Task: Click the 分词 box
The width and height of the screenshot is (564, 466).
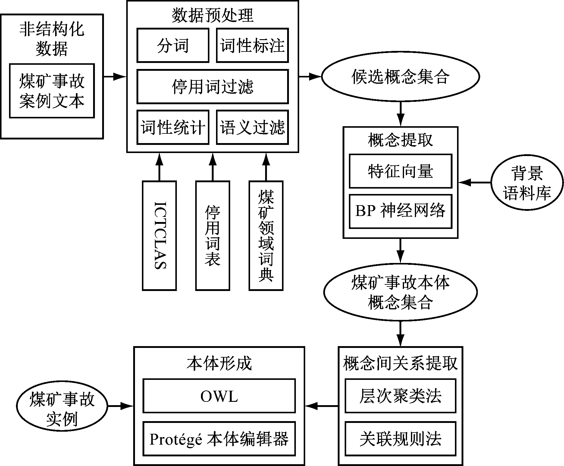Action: point(173,45)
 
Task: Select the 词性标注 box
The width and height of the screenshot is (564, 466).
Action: point(252,45)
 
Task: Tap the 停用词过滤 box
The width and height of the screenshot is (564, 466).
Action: point(212,86)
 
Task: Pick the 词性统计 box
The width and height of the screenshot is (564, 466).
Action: point(173,127)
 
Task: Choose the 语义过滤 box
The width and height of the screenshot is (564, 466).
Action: point(252,127)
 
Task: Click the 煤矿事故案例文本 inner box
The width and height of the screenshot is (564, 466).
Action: point(52,91)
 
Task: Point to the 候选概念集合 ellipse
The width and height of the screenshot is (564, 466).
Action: point(400,77)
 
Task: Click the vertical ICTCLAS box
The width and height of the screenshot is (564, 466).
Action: point(159,236)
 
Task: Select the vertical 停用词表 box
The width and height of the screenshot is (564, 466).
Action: point(212,236)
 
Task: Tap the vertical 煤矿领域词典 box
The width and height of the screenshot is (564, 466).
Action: point(266,236)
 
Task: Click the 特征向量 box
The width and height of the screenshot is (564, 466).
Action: point(400,171)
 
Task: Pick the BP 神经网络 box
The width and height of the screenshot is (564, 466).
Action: point(400,211)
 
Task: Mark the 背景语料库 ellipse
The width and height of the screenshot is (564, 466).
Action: point(527,183)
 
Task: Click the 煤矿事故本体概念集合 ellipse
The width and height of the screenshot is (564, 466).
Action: point(400,292)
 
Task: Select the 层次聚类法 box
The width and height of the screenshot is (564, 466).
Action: point(400,396)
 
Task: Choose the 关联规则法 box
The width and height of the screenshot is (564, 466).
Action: point(400,438)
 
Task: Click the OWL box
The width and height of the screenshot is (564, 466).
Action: point(219,396)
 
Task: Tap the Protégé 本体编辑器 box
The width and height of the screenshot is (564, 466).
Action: point(219,438)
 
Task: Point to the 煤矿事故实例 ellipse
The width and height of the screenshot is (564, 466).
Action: point(62,406)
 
